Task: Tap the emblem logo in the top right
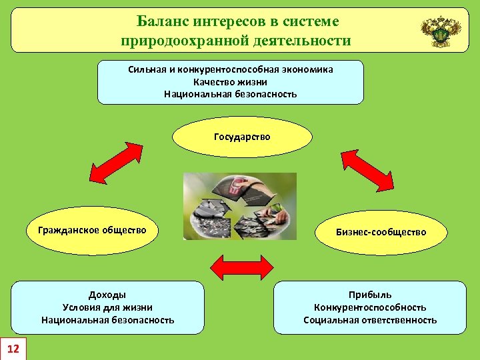point(441,31)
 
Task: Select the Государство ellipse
point(242,137)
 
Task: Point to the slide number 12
point(13,348)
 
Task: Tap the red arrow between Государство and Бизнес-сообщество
point(367,169)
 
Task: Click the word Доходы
point(107,295)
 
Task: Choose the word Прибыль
point(370,295)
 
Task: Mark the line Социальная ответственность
point(370,320)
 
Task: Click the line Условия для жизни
point(107,307)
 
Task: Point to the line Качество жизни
point(231,82)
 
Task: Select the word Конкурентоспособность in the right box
point(370,307)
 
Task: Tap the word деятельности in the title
point(301,41)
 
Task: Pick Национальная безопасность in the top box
point(231,94)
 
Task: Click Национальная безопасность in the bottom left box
point(107,320)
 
